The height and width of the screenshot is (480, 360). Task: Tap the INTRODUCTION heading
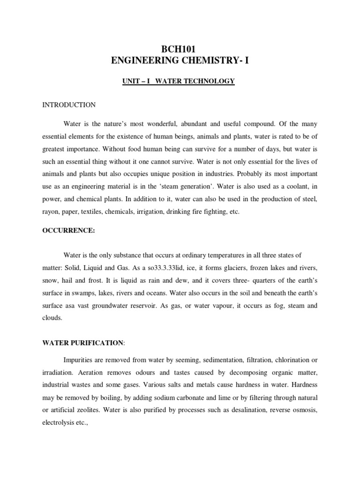68,105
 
